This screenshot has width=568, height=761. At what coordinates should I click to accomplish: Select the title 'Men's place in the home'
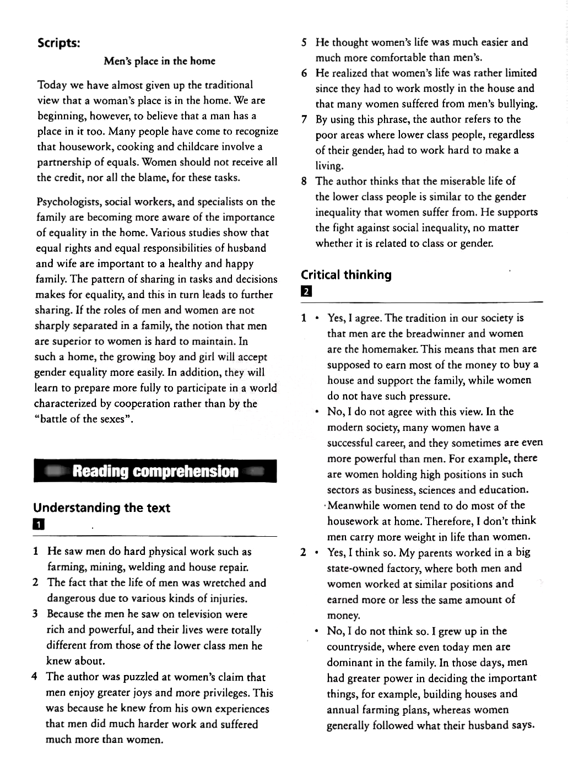point(159,61)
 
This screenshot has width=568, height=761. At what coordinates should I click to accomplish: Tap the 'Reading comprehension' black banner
point(155,471)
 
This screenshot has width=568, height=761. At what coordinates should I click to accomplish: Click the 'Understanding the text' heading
point(101,508)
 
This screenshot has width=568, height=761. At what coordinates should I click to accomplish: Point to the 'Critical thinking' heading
point(346,275)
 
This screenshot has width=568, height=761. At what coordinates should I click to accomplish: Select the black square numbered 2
point(306,292)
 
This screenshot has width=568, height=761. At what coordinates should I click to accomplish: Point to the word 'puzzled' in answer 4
point(129,677)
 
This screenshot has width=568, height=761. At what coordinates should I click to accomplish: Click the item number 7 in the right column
point(304,120)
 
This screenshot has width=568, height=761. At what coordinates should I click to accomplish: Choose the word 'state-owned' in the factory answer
point(358,568)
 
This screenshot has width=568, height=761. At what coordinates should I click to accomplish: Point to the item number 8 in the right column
point(304,181)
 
